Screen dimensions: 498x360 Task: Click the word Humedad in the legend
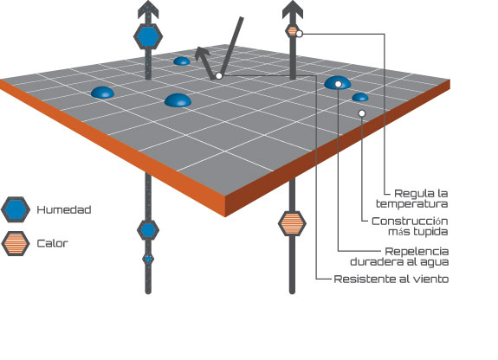coord(64,209)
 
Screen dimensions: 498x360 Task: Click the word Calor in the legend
coord(53,243)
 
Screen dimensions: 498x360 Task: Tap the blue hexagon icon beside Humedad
coord(16,209)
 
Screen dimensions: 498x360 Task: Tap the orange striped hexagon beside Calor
coord(16,243)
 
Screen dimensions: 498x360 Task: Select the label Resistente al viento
coord(391,279)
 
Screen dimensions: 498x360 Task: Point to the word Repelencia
coord(417,252)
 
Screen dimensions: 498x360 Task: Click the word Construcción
coord(410,221)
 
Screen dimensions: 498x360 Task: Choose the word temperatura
coord(412,204)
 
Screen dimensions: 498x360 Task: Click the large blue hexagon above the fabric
coord(148,36)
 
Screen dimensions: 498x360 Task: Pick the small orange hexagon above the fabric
coord(292,31)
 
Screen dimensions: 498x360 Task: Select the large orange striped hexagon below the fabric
coord(292,223)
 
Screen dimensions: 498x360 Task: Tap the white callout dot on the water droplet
coord(339,84)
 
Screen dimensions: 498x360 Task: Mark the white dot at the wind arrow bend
coord(218,76)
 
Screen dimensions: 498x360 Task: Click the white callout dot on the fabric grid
coord(361,113)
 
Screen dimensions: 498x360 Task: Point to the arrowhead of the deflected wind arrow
coord(201,54)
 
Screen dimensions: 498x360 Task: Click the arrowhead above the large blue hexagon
coord(148,10)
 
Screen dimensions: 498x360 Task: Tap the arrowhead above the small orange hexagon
coord(293,10)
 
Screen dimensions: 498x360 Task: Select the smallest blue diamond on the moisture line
coord(148,259)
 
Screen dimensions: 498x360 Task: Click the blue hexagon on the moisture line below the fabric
coord(148,230)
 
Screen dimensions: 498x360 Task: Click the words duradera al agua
coord(399,262)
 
